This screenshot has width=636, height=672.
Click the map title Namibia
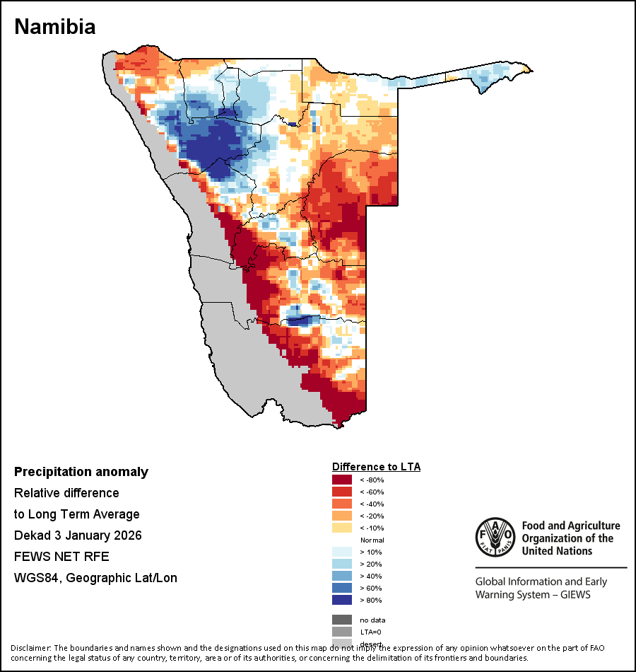[x=55, y=27]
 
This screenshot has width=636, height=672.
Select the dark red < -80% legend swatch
[x=342, y=480]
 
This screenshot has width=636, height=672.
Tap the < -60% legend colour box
[x=342, y=492]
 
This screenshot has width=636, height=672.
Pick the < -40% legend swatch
[x=342, y=504]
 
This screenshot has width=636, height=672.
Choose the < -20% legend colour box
[x=342, y=516]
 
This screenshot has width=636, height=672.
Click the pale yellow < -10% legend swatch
[x=342, y=528]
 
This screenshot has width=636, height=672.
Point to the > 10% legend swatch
[x=342, y=552]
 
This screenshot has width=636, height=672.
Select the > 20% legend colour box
[x=342, y=564]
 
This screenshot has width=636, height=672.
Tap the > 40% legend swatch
[x=342, y=576]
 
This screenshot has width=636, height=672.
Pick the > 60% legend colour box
[x=342, y=588]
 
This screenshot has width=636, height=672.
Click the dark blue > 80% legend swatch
[x=342, y=600]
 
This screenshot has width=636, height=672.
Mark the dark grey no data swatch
[x=342, y=620]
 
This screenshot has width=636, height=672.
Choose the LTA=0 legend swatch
[x=342, y=632]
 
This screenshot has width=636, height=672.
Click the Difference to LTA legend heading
[x=376, y=467]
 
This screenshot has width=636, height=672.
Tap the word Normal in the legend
[x=372, y=540]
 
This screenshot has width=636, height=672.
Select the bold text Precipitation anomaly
[x=81, y=472]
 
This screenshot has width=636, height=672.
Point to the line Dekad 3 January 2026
[x=78, y=535]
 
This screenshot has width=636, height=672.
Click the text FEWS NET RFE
[x=61, y=557]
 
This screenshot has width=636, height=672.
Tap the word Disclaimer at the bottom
[x=30, y=648]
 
